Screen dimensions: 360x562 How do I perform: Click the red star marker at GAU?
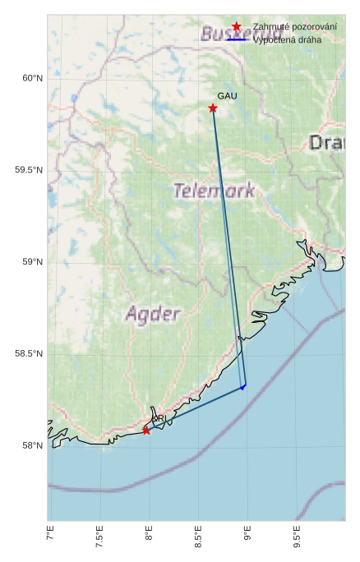point(213,108)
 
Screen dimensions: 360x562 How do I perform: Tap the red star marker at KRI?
point(146,430)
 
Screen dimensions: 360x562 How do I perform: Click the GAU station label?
point(227,96)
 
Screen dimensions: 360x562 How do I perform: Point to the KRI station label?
point(159,419)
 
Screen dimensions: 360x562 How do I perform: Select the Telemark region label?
point(214,191)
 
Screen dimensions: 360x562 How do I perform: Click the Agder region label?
point(152,314)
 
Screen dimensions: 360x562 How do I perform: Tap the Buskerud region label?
point(228,35)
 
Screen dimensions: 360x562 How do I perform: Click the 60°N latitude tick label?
point(31,78)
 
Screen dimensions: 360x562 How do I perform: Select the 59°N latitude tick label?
point(31,262)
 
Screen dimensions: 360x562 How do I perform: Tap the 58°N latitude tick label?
point(31,446)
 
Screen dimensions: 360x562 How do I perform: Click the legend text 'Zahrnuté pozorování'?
point(294,27)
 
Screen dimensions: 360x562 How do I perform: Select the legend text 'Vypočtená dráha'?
point(287,39)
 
